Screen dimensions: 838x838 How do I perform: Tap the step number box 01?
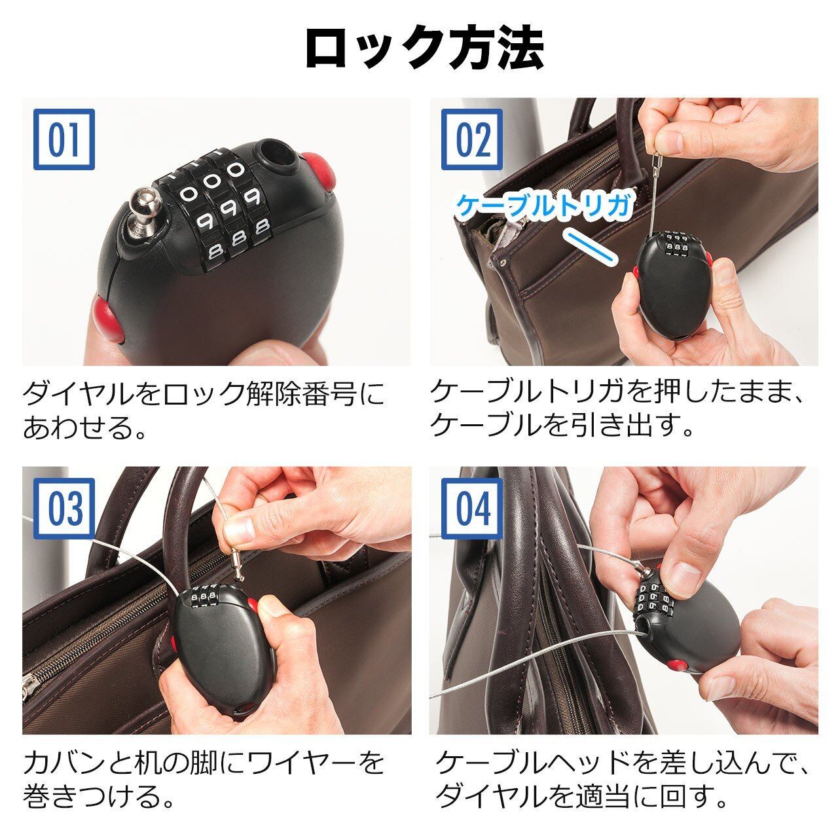coord(64,139)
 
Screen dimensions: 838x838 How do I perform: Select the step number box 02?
coord(472,139)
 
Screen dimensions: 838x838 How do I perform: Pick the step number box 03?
coord(64,509)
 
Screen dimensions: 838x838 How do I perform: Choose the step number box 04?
coord(472,509)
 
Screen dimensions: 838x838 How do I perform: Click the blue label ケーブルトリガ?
coord(544,206)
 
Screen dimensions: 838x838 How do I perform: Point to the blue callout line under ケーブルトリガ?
coord(591,246)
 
